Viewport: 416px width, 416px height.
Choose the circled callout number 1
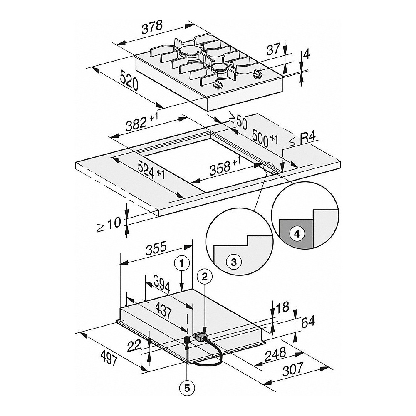pyautogui.click(x=182, y=262)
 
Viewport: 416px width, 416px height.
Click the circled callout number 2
pyautogui.click(x=204, y=275)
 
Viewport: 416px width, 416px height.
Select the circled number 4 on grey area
pyautogui.click(x=296, y=234)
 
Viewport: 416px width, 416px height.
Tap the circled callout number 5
pyautogui.click(x=187, y=388)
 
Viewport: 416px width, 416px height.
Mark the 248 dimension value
pyautogui.click(x=275, y=354)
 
